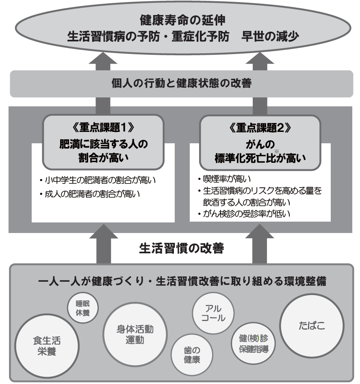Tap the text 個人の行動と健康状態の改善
(x=181, y=84)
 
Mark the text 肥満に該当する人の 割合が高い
(x=103, y=150)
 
